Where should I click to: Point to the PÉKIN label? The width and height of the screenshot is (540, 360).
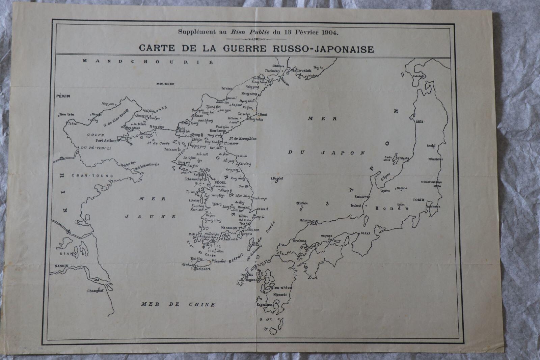click(63, 96)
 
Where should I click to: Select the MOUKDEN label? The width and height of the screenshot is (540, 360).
click(165, 84)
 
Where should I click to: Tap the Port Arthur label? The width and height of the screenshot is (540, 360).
click(106, 141)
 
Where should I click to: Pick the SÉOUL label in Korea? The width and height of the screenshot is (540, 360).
click(220, 183)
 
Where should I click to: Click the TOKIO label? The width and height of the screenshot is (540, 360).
click(418, 200)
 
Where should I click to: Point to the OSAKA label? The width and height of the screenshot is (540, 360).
click(365, 233)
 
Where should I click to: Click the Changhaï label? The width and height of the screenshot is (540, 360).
click(95, 290)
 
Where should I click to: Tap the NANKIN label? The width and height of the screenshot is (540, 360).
click(61, 266)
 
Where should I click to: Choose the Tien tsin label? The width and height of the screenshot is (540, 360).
click(66, 114)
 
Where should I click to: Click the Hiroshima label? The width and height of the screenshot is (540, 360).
click(299, 241)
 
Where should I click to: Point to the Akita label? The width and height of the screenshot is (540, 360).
click(420, 121)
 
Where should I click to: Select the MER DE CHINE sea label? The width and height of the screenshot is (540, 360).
click(178, 304)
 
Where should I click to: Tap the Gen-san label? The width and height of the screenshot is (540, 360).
click(215, 148)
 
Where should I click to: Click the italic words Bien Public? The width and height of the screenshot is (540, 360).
click(250, 32)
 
